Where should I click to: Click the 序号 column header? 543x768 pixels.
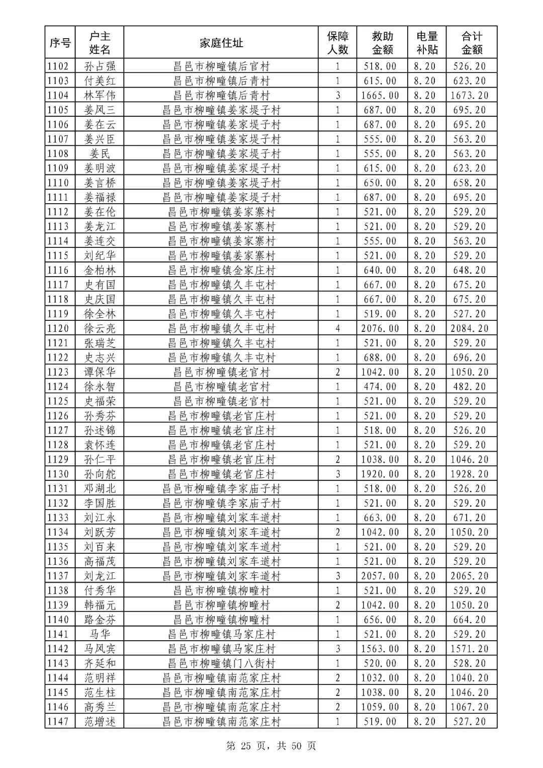[x=60, y=43]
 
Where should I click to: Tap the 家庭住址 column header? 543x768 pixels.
[x=221, y=43]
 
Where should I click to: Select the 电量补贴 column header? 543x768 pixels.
[x=427, y=43]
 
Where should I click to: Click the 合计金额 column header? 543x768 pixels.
[x=472, y=43]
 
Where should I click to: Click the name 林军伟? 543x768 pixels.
[x=100, y=95]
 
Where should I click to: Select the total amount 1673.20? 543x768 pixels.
[x=470, y=95]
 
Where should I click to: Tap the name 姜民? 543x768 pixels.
[x=100, y=153]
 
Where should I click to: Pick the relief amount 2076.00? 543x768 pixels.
[x=380, y=328]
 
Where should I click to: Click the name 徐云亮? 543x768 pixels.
[x=100, y=328]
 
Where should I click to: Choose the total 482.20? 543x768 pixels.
[x=470, y=387]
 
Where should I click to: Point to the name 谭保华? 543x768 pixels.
[x=100, y=372]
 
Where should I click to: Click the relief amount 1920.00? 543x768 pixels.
[x=380, y=474]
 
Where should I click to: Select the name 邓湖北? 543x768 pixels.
[x=100, y=488]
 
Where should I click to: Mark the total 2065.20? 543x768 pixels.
[x=470, y=576]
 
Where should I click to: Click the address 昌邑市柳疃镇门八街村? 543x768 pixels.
[x=221, y=663]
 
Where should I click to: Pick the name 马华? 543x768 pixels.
[x=100, y=634]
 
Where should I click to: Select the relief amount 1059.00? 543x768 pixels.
[x=380, y=707]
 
